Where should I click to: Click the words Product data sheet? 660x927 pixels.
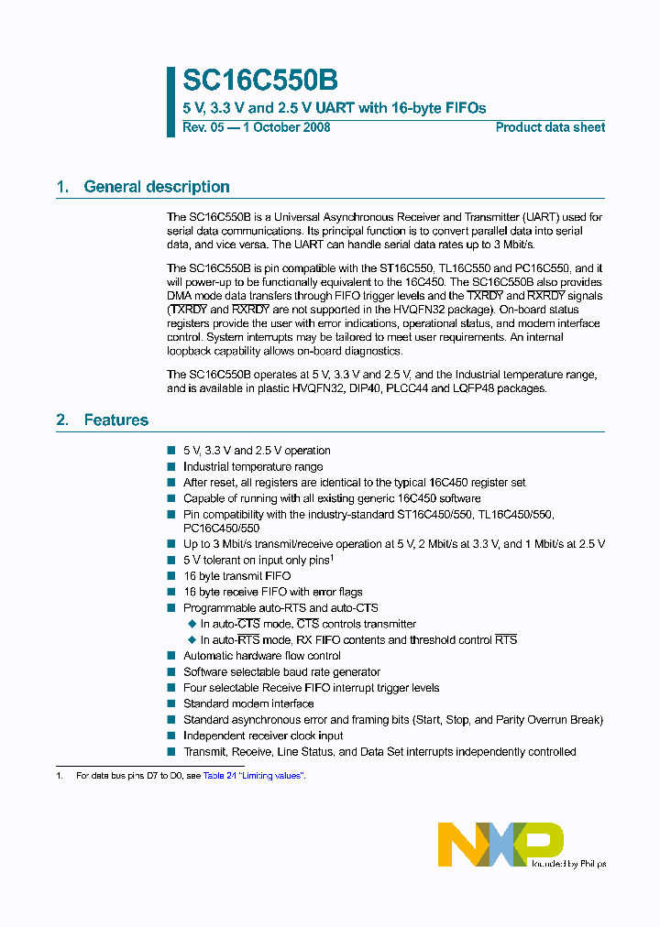click(550, 127)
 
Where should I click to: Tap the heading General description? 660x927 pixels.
click(156, 187)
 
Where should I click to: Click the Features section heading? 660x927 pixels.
click(115, 420)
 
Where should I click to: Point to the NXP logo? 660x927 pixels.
click(500, 843)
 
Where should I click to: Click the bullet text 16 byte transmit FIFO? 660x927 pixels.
click(236, 576)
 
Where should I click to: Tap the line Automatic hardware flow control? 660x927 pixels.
click(262, 656)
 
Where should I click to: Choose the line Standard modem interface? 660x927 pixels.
click(248, 703)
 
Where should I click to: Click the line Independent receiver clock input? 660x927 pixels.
click(263, 736)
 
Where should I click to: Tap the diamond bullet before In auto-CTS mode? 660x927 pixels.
click(192, 624)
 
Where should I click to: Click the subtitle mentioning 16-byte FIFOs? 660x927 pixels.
click(335, 108)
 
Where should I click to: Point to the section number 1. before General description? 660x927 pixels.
click(62, 187)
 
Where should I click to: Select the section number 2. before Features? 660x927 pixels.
click(62, 420)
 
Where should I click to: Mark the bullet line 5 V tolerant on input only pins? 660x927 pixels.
click(256, 560)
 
